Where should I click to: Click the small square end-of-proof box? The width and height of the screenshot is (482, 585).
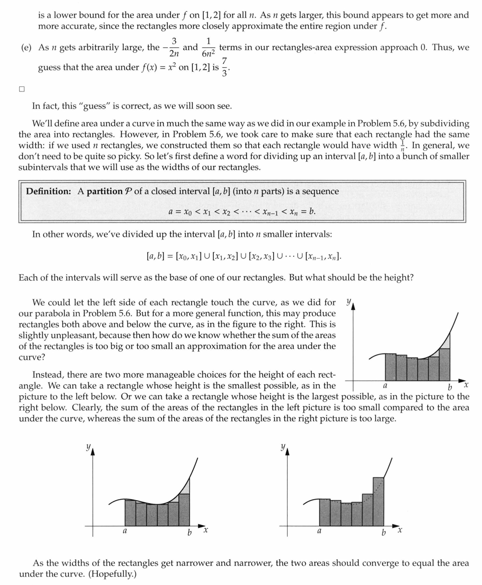tap(22, 89)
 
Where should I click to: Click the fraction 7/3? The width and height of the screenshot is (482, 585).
tap(224, 67)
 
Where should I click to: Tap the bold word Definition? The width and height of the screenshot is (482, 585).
tap(49, 191)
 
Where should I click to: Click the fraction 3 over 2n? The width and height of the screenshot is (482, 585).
tap(173, 48)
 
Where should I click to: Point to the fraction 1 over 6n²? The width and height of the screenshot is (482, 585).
tap(209, 48)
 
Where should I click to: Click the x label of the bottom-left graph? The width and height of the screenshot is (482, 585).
tap(206, 530)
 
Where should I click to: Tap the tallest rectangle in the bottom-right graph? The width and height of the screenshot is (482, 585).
tap(379, 501)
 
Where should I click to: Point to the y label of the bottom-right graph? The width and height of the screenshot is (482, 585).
tap(283, 446)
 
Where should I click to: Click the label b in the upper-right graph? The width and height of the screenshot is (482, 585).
tap(449, 388)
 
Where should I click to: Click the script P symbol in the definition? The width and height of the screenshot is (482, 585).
tap(129, 191)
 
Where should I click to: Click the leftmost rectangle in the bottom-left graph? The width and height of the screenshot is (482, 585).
tap(130, 513)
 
